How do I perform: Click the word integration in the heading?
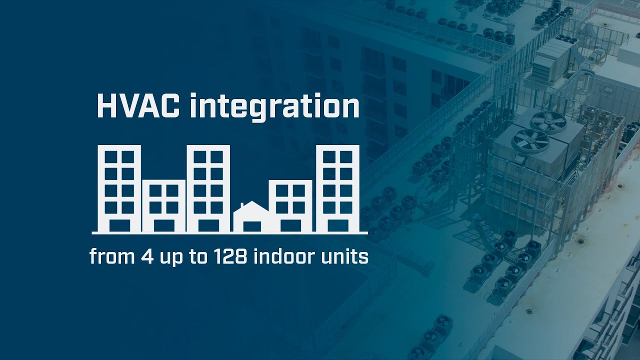(x=274, y=107)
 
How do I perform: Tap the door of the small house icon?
(x=251, y=226)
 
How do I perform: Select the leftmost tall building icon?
(x=119, y=188)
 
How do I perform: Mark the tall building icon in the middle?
(x=208, y=188)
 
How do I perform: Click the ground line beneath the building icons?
(x=229, y=233)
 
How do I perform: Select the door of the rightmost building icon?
(x=340, y=225)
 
